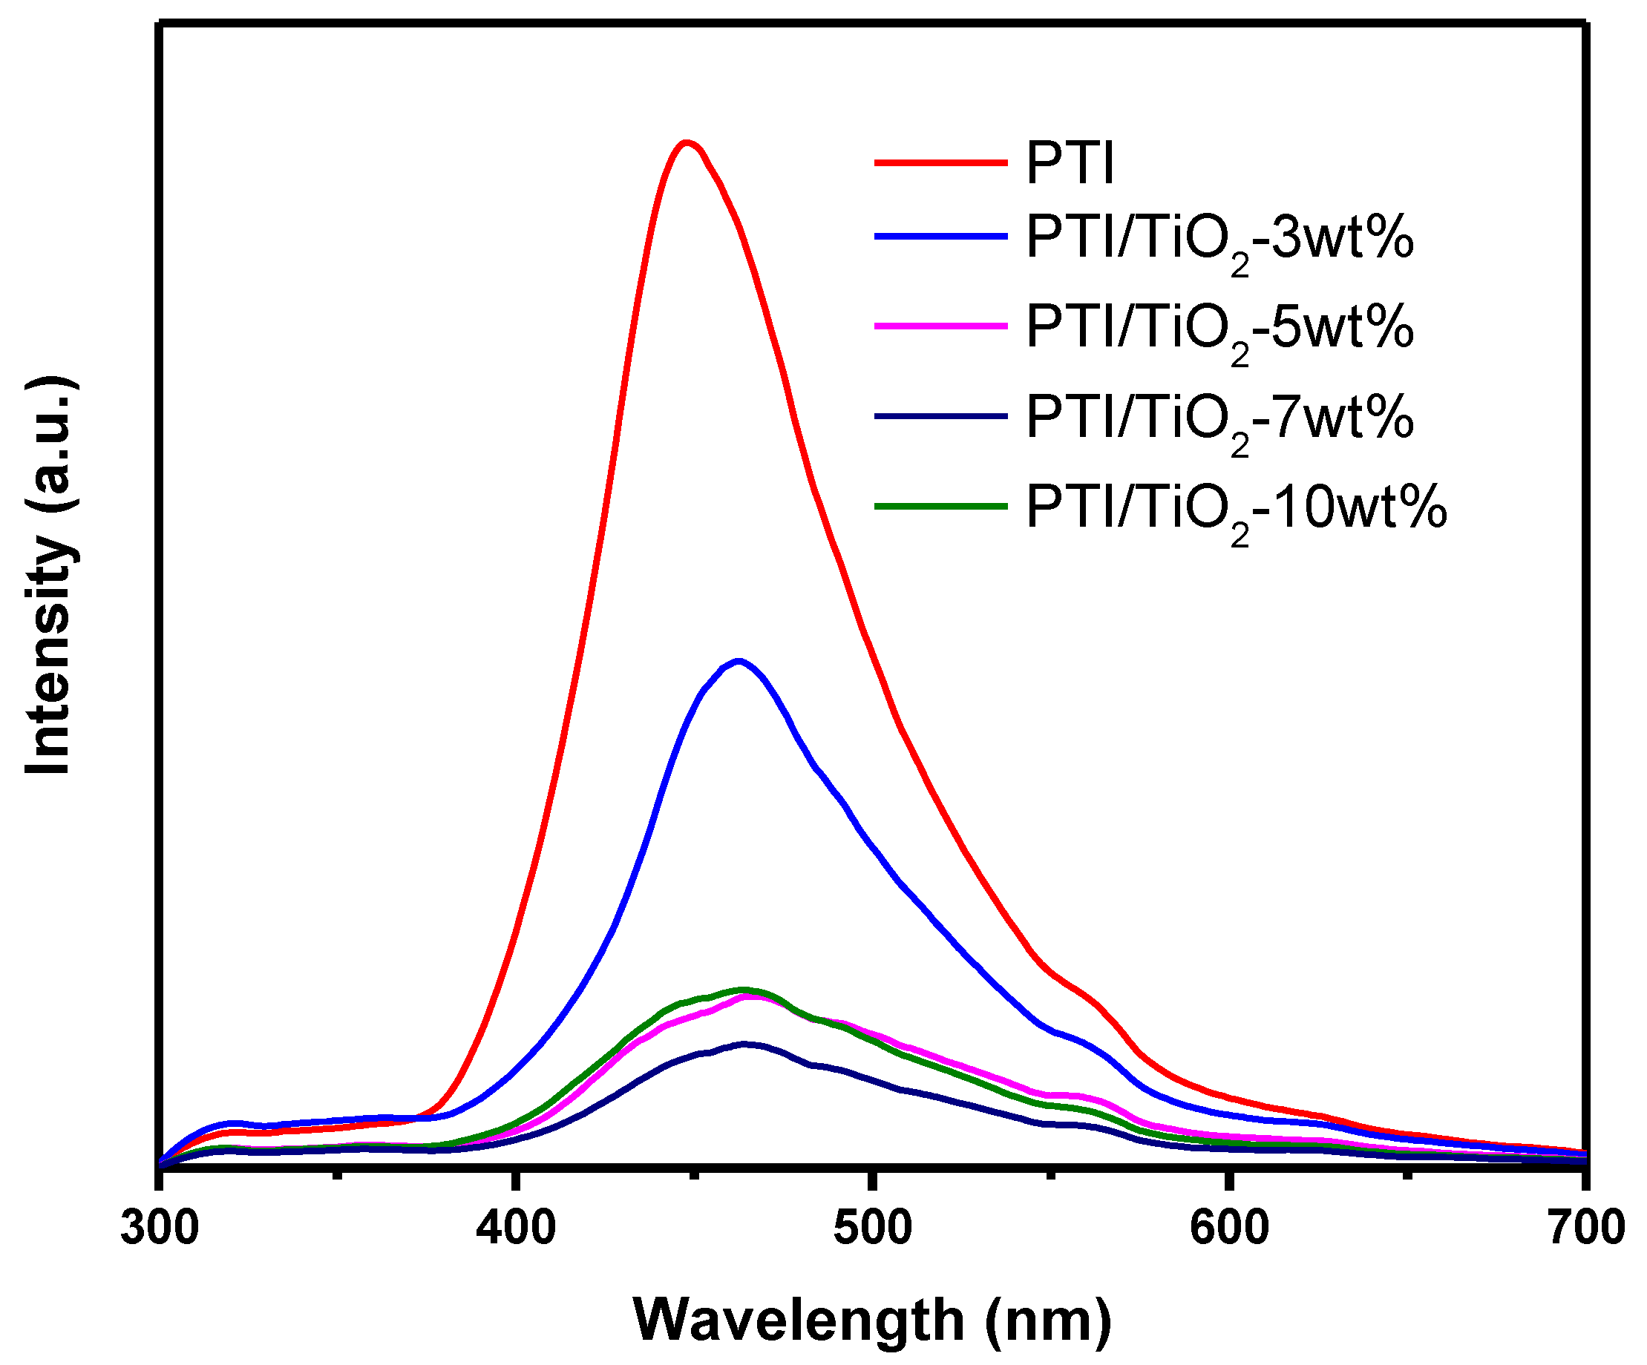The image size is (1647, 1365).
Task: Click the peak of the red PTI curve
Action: tap(687, 142)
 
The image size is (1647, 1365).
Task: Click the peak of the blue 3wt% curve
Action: tap(738, 661)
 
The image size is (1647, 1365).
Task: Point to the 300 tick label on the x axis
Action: tap(160, 1228)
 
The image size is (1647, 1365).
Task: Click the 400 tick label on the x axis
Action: tap(516, 1228)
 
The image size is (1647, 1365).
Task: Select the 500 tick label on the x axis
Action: tap(873, 1228)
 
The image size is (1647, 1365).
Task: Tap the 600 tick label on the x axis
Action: tap(1229, 1228)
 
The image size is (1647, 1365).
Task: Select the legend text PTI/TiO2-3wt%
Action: tap(1219, 238)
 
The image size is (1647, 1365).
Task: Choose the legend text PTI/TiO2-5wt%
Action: tap(1219, 328)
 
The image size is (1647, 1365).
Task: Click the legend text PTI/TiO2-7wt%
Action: tap(1219, 418)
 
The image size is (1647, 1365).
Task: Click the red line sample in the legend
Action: tap(941, 162)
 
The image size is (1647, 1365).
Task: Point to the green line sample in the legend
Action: tap(941, 507)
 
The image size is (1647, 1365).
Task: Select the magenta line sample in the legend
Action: tap(941, 326)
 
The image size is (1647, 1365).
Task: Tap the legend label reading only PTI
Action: tap(1070, 164)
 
